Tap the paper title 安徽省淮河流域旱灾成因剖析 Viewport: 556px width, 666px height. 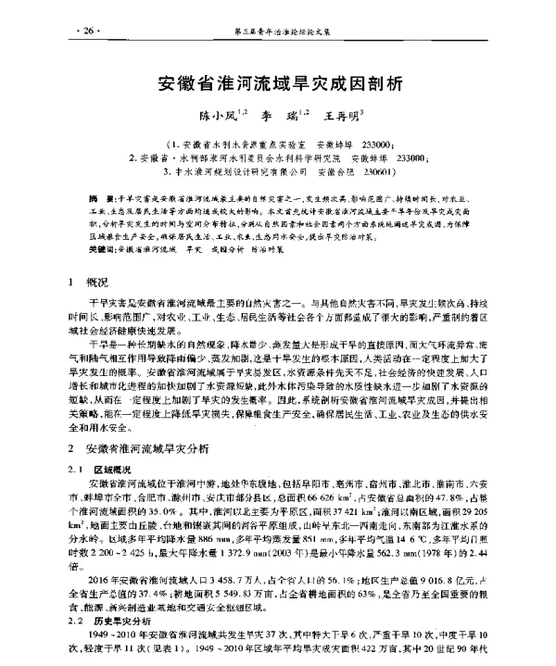tap(277, 83)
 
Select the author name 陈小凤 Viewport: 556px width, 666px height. tap(208, 119)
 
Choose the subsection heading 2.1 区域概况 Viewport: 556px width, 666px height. tap(102, 469)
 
